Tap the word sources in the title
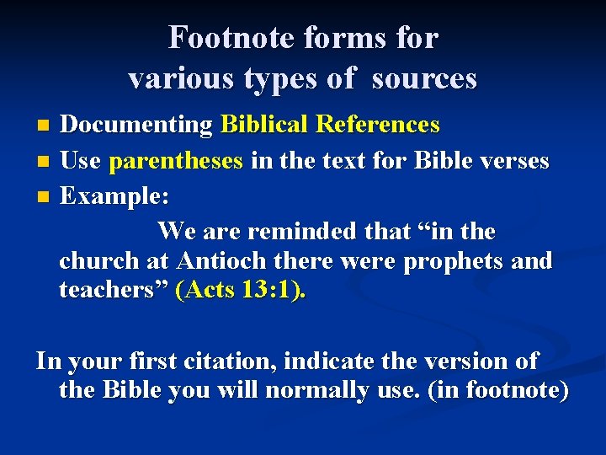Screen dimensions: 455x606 click(x=424, y=78)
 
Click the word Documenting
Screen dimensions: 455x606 click(x=137, y=125)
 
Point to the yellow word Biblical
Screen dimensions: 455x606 click(x=263, y=125)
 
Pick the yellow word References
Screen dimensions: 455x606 click(x=377, y=125)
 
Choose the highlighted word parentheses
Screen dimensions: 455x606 click(x=177, y=159)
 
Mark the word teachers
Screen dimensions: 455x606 click(x=113, y=292)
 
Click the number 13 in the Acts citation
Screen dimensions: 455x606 click(x=253, y=292)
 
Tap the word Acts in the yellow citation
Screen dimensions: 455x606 click(x=208, y=292)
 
